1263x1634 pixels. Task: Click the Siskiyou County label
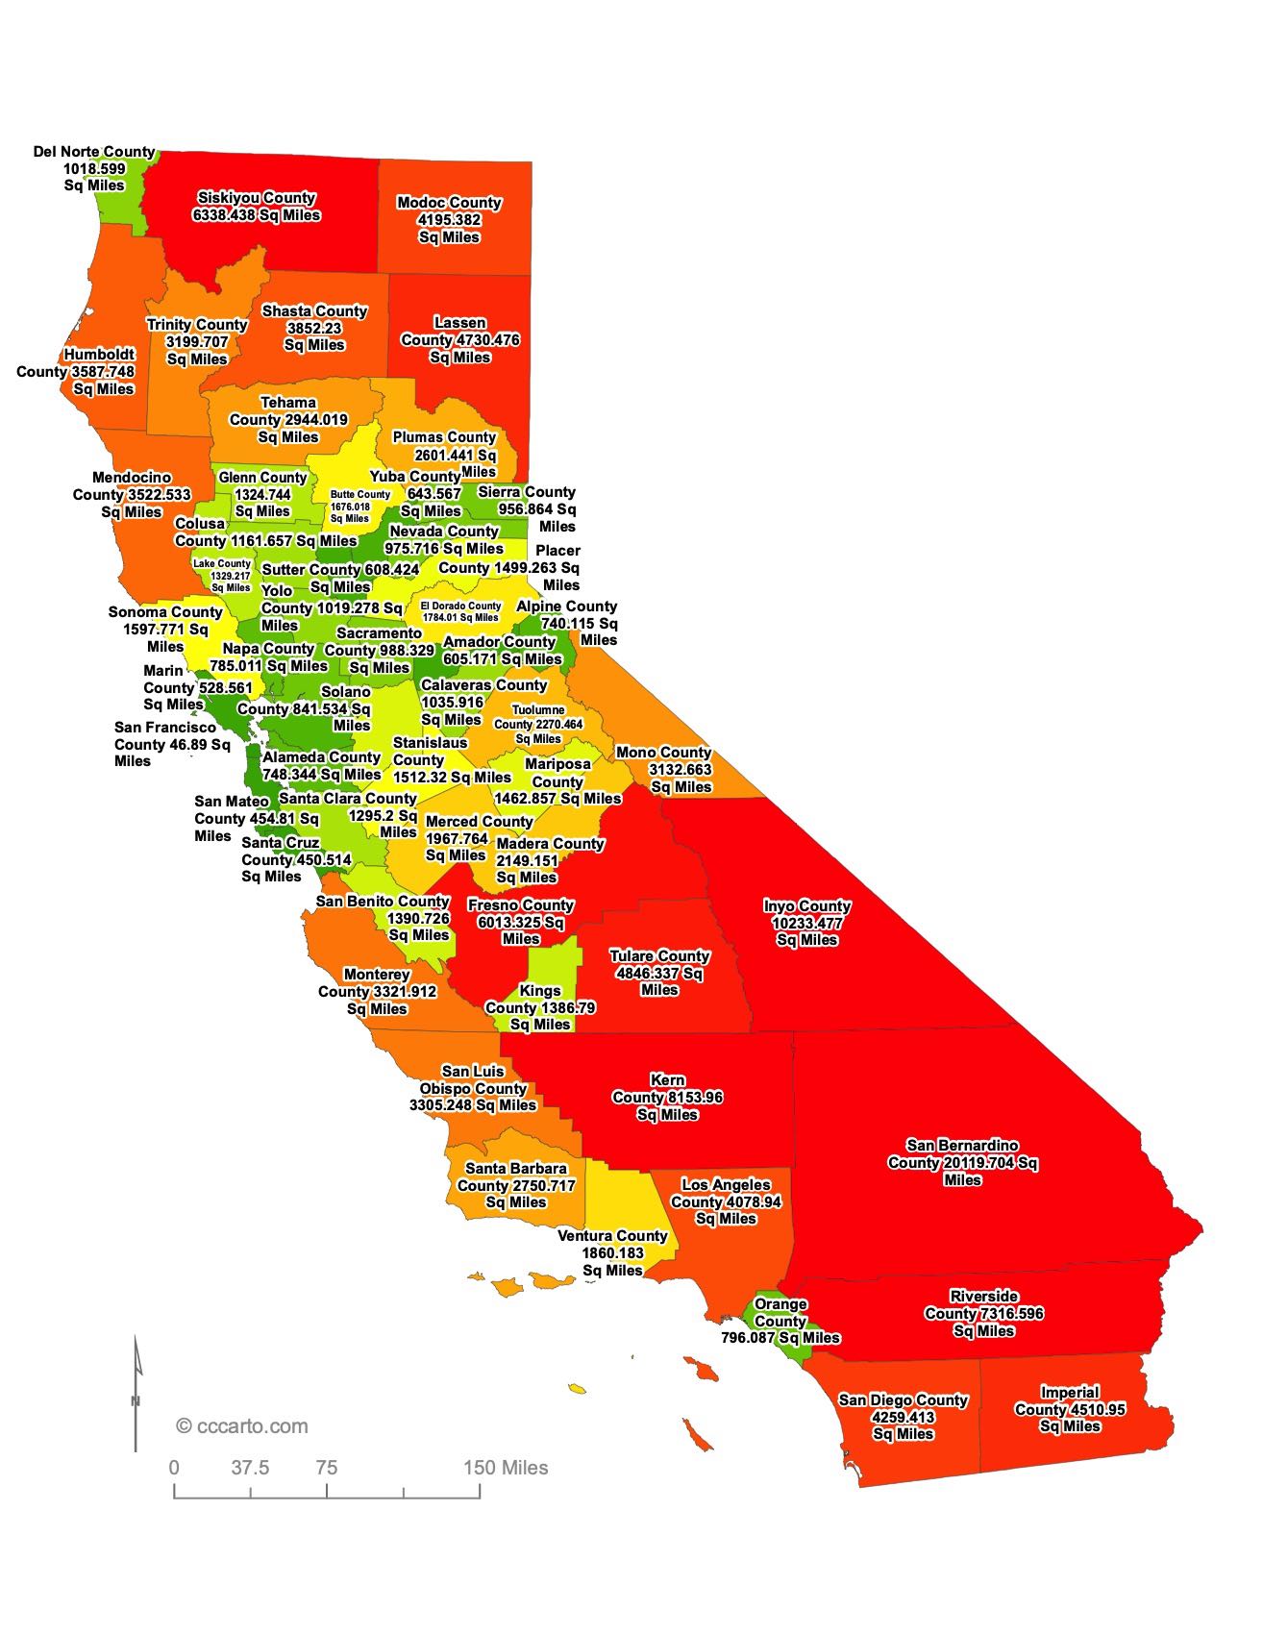[x=257, y=207]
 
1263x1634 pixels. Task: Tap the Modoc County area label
[x=449, y=220]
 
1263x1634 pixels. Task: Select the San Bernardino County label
[x=962, y=1163]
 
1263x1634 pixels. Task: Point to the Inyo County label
[x=806, y=923]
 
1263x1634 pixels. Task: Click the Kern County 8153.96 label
[x=667, y=1098]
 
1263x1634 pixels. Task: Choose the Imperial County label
[x=1069, y=1409]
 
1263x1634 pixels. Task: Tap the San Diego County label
[x=903, y=1417]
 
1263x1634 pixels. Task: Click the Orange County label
[x=780, y=1322]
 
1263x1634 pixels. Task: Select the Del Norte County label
[x=94, y=168]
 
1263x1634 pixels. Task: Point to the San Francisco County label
[x=171, y=744]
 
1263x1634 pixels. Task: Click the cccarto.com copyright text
[x=242, y=1426]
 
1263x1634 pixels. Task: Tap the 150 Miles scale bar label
[x=506, y=1468]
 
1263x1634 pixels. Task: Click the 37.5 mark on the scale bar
[x=250, y=1468]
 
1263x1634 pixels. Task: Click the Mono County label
[x=664, y=770]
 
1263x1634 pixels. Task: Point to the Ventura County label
[x=612, y=1252]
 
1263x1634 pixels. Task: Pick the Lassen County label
[x=459, y=340]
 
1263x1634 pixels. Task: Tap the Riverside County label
[x=983, y=1314]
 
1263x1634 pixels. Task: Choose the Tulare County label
[x=659, y=973]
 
